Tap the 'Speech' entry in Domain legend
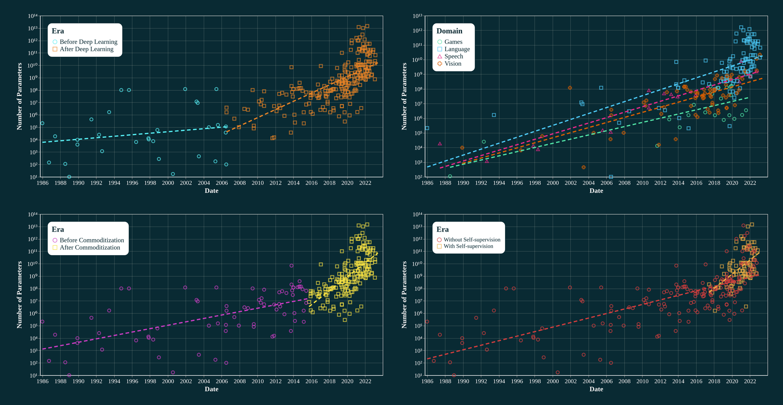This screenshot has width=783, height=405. pyautogui.click(x=453, y=56)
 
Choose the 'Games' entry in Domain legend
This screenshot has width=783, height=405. pyautogui.click(x=453, y=42)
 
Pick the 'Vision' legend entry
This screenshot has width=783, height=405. pyautogui.click(x=453, y=64)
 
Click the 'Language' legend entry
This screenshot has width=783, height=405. pyautogui.click(x=457, y=49)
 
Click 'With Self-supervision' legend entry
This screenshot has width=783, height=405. pyautogui.click(x=468, y=246)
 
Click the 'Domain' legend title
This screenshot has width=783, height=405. pyautogui.click(x=449, y=31)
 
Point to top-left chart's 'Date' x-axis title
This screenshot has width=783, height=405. pyautogui.click(x=211, y=191)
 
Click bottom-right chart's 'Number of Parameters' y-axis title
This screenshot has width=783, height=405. pyautogui.click(x=404, y=295)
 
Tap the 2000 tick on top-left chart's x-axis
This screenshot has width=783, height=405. pyautogui.click(x=168, y=183)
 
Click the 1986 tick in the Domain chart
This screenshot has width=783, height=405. pyautogui.click(x=428, y=183)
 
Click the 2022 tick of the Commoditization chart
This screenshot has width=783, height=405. pyautogui.click(x=365, y=381)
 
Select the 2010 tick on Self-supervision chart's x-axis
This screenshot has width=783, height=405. pyautogui.click(x=642, y=381)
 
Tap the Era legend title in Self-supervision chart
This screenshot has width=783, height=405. pyautogui.click(x=443, y=229)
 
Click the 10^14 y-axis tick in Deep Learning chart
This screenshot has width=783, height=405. pyautogui.click(x=32, y=16)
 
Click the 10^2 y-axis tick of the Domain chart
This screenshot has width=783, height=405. pyautogui.click(x=418, y=177)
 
